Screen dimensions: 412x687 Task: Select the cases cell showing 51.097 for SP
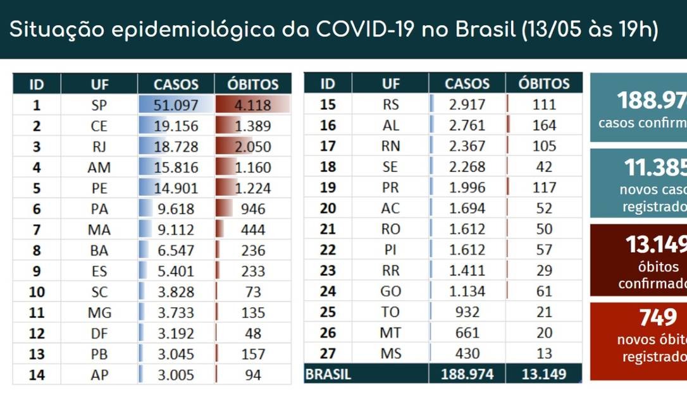coord(176,105)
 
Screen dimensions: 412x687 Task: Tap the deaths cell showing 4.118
coord(252,105)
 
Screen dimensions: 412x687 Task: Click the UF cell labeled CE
coord(99,126)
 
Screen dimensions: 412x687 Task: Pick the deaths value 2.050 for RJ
coord(252,147)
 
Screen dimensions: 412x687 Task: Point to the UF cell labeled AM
coord(99,167)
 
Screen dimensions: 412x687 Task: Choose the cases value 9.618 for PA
coord(176,209)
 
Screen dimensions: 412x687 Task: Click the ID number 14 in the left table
coord(37,375)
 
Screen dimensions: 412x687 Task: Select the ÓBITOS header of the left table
coord(252,84)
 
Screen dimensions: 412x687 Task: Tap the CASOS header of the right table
coord(467,83)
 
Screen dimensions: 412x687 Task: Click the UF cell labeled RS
coord(391,104)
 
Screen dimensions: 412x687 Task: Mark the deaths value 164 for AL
coord(543,125)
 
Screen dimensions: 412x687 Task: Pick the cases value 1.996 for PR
coord(467,188)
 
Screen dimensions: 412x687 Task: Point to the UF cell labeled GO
coord(391,291)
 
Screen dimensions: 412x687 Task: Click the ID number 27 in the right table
coord(328,353)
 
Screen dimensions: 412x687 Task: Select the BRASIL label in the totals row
coord(328,374)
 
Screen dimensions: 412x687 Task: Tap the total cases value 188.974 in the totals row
coord(467,374)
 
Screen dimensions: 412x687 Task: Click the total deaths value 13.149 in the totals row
coord(543,374)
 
